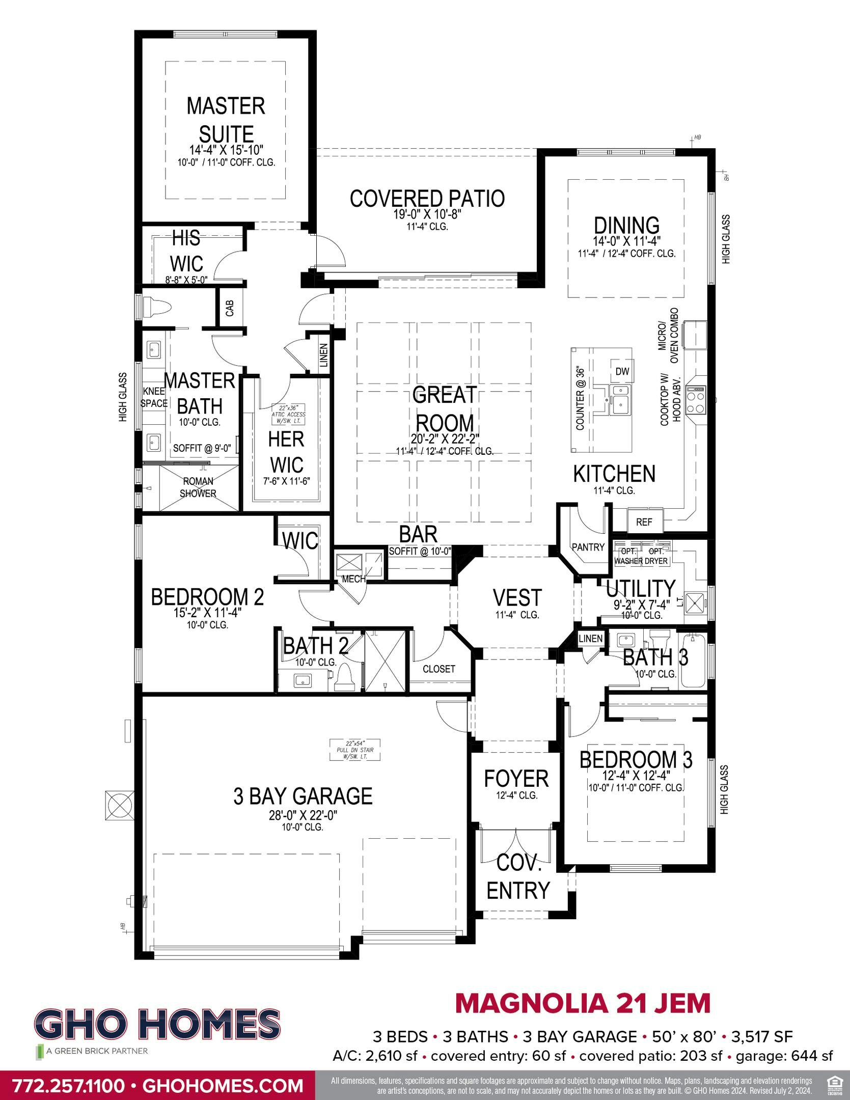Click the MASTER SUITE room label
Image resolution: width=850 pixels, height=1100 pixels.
226,120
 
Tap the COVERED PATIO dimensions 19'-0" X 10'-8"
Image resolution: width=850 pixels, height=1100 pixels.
427,215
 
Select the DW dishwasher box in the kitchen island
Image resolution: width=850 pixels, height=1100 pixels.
622,372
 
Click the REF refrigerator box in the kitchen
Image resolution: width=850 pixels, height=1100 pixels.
644,522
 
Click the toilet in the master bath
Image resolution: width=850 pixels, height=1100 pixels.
157,309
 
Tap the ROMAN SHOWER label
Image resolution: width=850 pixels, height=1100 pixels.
198,487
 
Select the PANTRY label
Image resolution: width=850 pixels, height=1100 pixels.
588,547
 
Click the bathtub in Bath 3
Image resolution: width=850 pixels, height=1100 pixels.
693,661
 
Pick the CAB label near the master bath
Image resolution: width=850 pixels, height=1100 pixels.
230,308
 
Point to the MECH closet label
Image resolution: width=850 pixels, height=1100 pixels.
353,579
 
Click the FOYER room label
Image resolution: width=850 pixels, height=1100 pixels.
516,779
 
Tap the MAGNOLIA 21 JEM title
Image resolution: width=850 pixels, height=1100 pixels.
582,1003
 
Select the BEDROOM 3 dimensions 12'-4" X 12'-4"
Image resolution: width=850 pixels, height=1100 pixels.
635,776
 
